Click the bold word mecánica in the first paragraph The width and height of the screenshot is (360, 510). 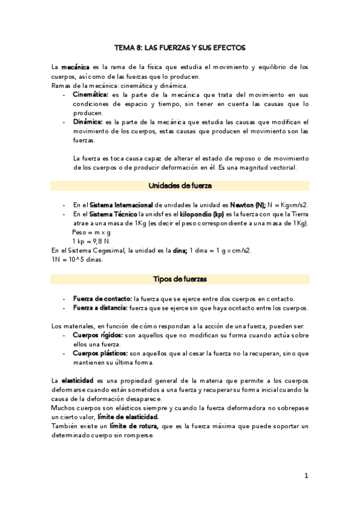[75, 67]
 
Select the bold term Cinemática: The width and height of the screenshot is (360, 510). [90, 94]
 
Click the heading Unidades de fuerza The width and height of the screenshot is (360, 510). [180, 185]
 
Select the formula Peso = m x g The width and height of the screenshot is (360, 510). [91, 232]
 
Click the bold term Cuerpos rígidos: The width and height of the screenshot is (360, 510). [97, 334]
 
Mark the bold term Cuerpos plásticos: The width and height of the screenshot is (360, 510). [100, 353]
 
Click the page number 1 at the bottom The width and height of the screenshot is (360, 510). [306, 476]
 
